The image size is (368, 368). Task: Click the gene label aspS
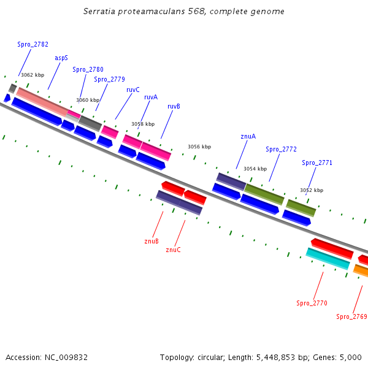61,58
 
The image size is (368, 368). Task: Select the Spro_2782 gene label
33,44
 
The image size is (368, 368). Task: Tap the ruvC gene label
133,90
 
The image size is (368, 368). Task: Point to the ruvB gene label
174,106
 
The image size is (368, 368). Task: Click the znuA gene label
248,136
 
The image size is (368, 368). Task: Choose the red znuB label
151,241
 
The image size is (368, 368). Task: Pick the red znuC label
173,250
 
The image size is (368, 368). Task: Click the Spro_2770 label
312,303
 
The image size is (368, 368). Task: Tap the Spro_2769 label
351,316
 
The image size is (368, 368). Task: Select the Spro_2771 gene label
317,163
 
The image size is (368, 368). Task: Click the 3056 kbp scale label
199,147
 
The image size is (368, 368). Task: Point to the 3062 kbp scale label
33,75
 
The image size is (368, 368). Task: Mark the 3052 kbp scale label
311,190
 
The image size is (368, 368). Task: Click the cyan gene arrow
328,258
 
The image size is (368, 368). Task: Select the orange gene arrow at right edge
361,270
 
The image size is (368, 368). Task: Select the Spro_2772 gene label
281,149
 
